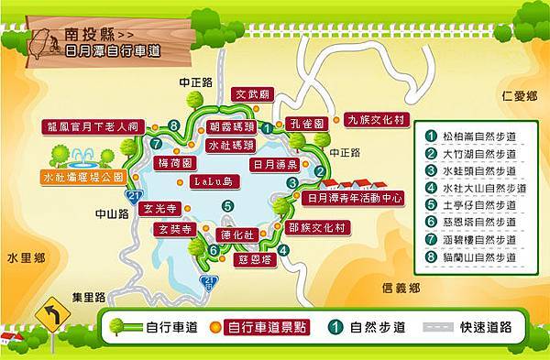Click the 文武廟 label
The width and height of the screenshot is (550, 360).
tap(253, 93)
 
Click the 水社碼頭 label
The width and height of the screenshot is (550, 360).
tap(230, 145)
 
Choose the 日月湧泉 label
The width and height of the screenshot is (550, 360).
tap(275, 165)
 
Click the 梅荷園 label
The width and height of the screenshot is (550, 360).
tap(174, 162)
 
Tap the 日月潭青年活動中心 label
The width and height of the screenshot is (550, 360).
tap(355, 197)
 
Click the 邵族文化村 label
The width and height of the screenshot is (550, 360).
tap(315, 227)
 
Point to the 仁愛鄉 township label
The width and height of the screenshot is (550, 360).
tap(519, 94)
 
